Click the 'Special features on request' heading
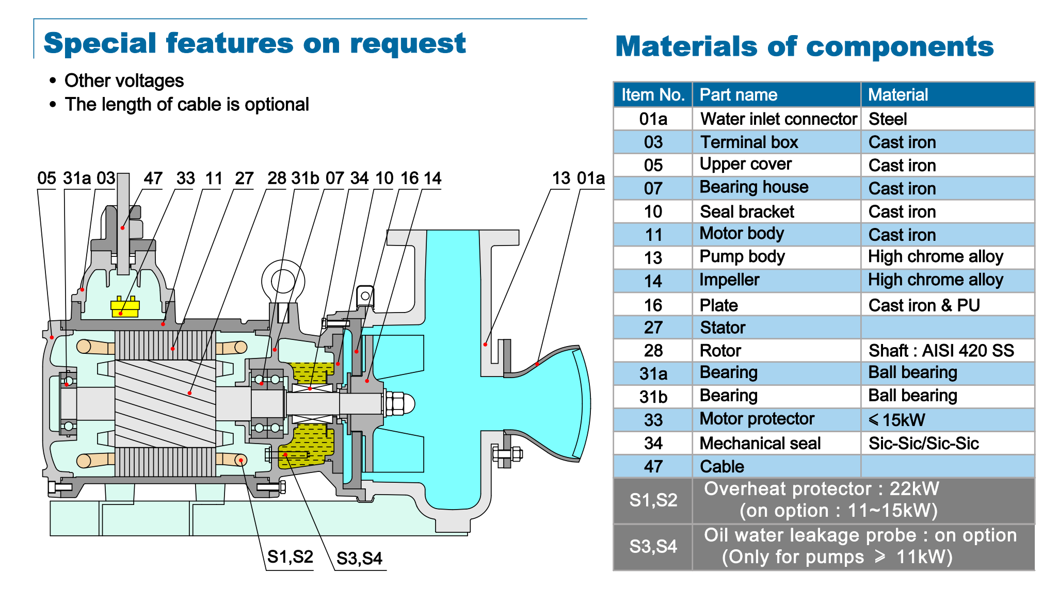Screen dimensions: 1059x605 click(255, 43)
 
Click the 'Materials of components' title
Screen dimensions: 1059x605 click(805, 46)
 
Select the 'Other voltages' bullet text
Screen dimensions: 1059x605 click(124, 80)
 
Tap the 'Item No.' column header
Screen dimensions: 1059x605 click(653, 94)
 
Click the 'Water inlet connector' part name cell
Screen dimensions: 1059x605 click(778, 119)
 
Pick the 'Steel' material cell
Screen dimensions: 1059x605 click(888, 119)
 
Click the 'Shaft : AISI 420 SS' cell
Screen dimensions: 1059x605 click(941, 351)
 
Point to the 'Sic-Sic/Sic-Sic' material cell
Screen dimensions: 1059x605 click(923, 443)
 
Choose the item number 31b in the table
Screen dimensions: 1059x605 click(653, 397)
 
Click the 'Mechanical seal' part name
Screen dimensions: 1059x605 click(760, 443)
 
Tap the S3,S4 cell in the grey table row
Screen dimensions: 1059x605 click(653, 546)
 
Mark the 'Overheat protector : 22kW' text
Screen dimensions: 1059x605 click(822, 488)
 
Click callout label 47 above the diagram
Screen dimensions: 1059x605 click(153, 178)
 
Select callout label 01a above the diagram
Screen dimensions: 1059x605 click(591, 178)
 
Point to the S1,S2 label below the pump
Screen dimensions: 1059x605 click(290, 557)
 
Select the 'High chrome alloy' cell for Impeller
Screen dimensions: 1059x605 click(936, 280)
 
